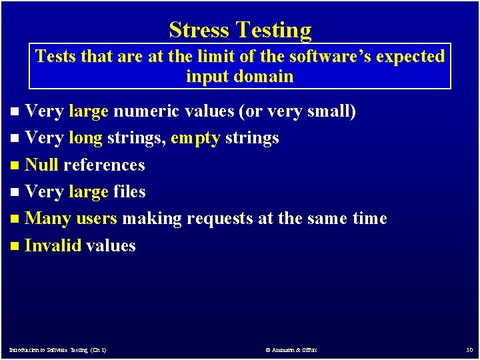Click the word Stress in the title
[x=199, y=30]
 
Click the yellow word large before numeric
[x=89, y=111]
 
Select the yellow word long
[x=85, y=139]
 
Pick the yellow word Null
[x=41, y=165]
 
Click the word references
[x=104, y=165]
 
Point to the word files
[x=129, y=192]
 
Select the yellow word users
[x=97, y=219]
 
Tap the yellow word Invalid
[x=53, y=246]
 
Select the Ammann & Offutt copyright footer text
[x=291, y=350]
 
